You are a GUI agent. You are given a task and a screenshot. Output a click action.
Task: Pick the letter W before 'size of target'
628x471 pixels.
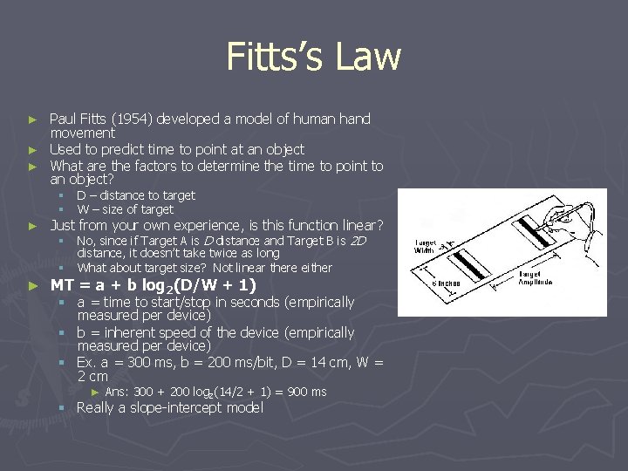tap(82, 209)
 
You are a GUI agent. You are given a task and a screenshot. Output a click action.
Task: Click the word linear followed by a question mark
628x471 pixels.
tap(350, 225)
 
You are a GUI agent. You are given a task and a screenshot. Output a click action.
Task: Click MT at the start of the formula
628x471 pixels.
tap(62, 284)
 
